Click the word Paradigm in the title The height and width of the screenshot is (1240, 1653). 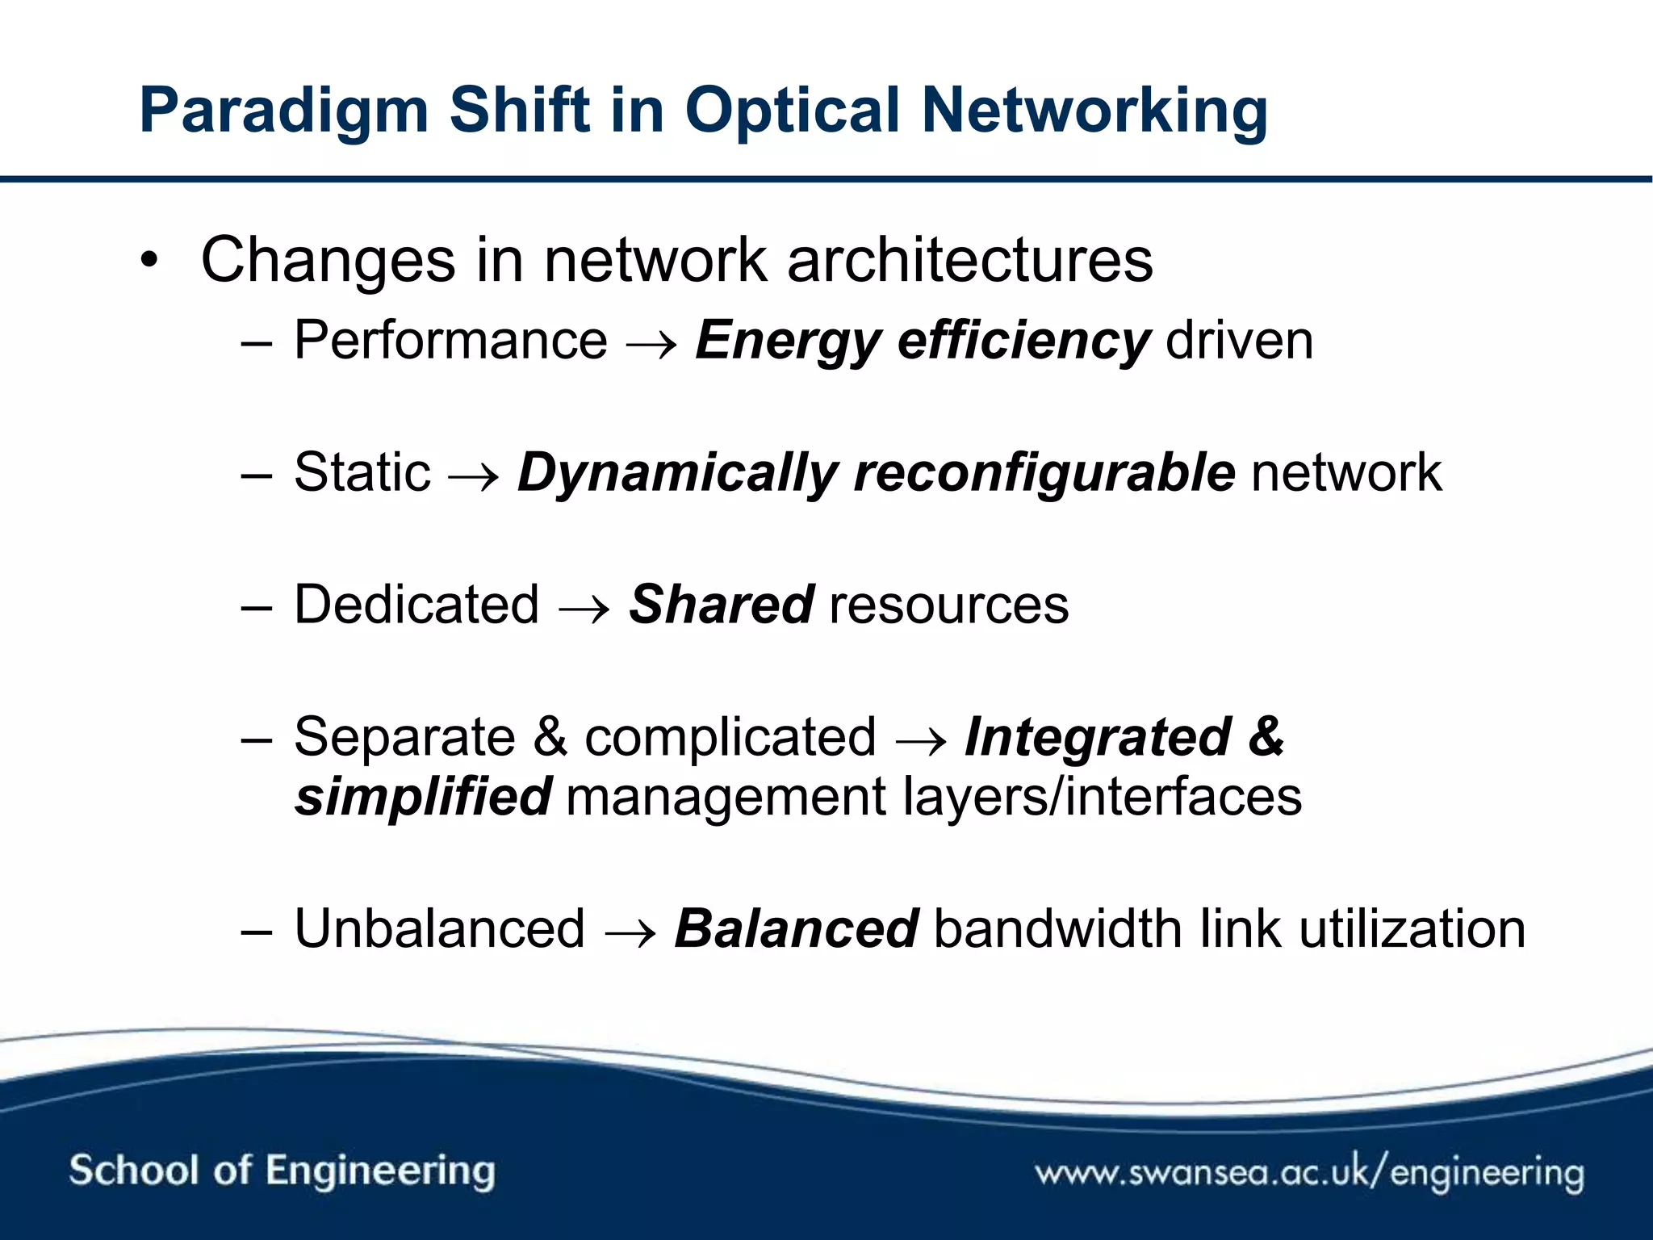[x=282, y=111]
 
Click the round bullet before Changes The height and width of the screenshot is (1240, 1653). [x=149, y=262]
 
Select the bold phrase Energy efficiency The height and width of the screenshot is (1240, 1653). [x=922, y=341]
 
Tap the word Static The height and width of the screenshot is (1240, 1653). [x=362, y=472]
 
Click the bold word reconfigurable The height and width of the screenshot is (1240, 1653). [x=1044, y=472]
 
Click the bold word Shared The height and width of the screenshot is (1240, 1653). [x=721, y=605]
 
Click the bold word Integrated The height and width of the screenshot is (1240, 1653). [x=1098, y=736]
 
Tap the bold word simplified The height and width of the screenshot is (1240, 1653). [x=423, y=797]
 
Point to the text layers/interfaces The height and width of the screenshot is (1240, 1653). [x=1102, y=797]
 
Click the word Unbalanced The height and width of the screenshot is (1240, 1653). [x=439, y=928]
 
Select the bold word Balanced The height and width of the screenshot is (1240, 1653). [x=796, y=928]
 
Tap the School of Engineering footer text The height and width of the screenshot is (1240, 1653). [x=282, y=1171]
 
